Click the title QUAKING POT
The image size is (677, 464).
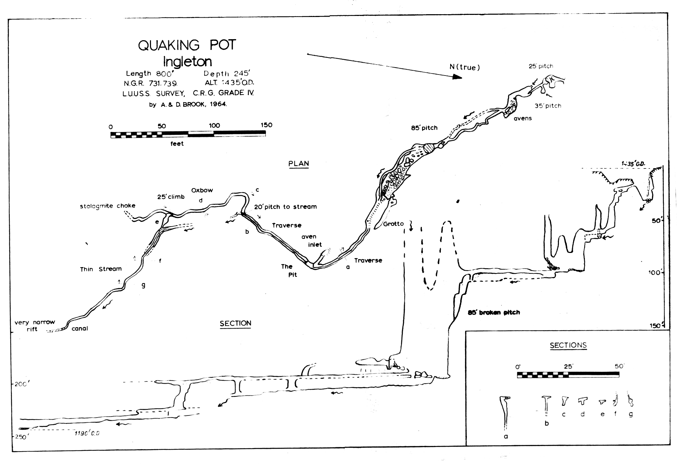click(x=187, y=45)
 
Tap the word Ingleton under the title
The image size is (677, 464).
click(x=187, y=61)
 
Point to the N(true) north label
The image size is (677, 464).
click(x=465, y=67)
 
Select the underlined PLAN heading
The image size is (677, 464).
click(x=299, y=164)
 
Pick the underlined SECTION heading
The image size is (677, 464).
click(x=235, y=323)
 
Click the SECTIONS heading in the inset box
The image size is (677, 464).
click(x=568, y=345)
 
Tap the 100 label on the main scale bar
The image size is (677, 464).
click(x=214, y=125)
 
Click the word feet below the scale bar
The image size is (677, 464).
click(x=177, y=144)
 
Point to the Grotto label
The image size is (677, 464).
click(x=393, y=224)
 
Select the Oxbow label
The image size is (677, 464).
click(x=202, y=190)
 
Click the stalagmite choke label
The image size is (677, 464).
click(x=107, y=206)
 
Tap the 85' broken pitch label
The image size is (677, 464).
click(x=494, y=313)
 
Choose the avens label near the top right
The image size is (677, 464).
click(x=523, y=118)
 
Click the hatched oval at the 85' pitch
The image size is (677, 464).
click(x=430, y=148)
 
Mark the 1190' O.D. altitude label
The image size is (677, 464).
click(x=87, y=433)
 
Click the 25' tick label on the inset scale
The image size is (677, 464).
click(x=568, y=366)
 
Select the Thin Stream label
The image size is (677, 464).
click(x=101, y=269)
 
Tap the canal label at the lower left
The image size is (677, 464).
click(x=80, y=329)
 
